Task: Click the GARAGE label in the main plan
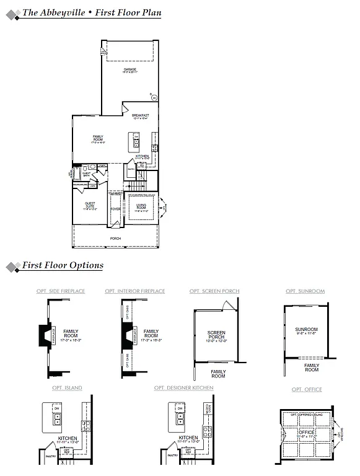pos(130,70)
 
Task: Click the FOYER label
pos(116,209)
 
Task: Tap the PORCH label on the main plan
pos(116,238)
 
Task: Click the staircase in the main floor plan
pos(136,186)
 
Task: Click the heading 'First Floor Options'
pos(63,265)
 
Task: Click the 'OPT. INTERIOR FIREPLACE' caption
pos(135,291)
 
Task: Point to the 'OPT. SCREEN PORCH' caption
pos(214,291)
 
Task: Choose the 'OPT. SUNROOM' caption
pos(305,291)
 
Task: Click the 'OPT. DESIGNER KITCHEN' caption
pos(184,388)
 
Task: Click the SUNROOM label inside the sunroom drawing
pos(306,329)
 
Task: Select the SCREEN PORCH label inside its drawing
pos(217,335)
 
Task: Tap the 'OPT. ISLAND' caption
pos(67,388)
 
